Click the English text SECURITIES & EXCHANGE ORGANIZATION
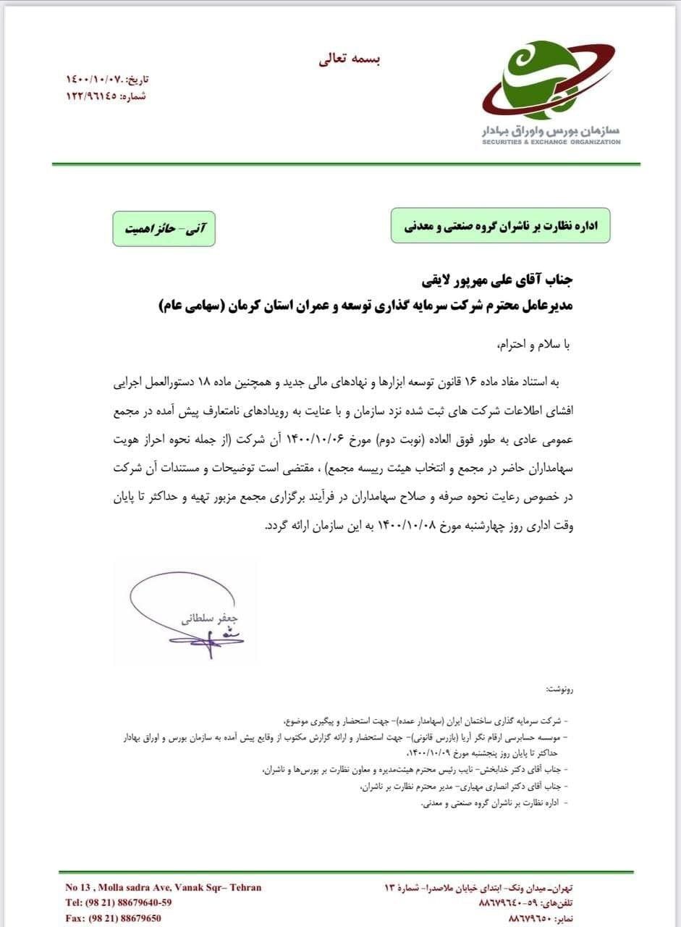pos(551,143)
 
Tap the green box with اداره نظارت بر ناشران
pos(500,225)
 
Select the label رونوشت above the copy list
pos(559,689)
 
